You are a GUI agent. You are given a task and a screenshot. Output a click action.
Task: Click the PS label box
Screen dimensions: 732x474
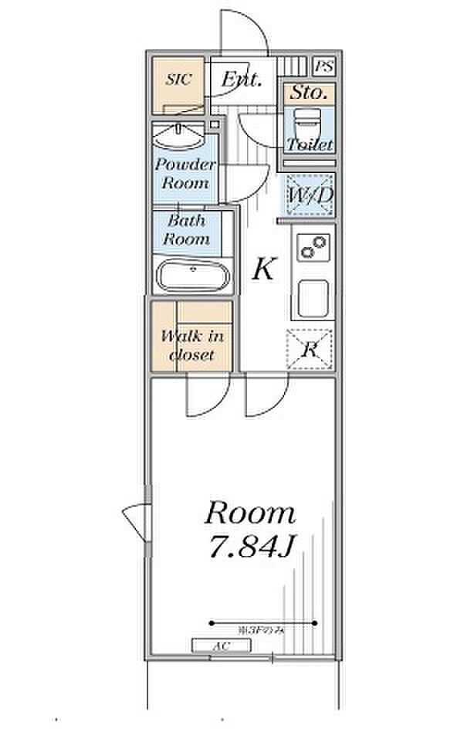[x=324, y=66]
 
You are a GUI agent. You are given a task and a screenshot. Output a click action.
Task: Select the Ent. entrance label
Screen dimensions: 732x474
[x=242, y=79]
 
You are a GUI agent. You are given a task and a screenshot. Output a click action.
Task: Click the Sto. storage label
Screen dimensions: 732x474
[x=308, y=94]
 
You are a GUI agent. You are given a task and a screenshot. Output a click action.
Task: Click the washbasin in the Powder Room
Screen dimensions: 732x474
[x=179, y=138]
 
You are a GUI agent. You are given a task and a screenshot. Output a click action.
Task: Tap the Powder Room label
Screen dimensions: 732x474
[x=185, y=174]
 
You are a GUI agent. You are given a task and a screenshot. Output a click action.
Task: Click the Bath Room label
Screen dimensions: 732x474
[x=188, y=229]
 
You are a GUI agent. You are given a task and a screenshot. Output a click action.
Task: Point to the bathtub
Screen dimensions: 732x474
[x=193, y=276]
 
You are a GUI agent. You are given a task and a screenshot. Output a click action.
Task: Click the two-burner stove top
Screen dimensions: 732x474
[x=313, y=248]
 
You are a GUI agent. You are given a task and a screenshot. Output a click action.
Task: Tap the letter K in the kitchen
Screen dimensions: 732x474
[x=263, y=269]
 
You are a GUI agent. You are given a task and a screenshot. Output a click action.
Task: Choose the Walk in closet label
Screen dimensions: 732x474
[x=191, y=346]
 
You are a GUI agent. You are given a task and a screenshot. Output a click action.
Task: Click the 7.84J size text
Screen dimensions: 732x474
[x=249, y=547]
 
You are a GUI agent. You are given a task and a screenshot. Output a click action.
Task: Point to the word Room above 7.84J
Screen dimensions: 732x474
[x=249, y=513]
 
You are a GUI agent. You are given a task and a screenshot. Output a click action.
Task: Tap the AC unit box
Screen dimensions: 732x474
[x=221, y=646]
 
